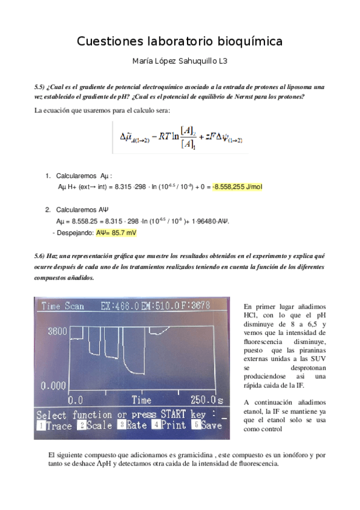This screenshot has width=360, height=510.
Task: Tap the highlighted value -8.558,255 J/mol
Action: pos(237,187)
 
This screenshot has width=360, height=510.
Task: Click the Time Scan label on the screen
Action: pos(63,306)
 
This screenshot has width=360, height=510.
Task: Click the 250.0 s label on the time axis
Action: pos(204,399)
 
